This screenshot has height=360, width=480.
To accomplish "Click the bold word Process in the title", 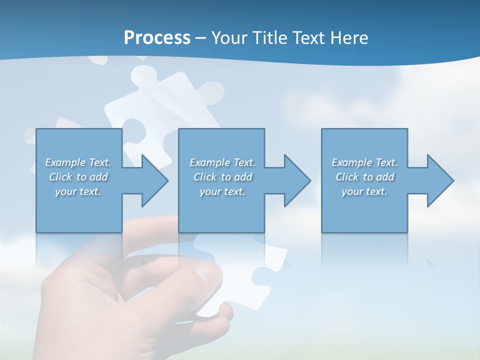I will pos(157,38).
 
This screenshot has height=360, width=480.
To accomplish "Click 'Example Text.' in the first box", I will pos(78,162).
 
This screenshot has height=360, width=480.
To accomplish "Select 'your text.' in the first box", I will pos(78,191).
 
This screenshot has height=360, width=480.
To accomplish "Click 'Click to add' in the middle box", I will pos(222,177).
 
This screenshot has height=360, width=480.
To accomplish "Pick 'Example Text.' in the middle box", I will pos(222,162).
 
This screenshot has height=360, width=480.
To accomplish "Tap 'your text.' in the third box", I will pos(364,191).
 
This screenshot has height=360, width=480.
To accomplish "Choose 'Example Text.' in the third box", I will pos(364,162).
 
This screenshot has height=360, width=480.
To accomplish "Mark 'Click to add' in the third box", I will pos(364,177).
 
